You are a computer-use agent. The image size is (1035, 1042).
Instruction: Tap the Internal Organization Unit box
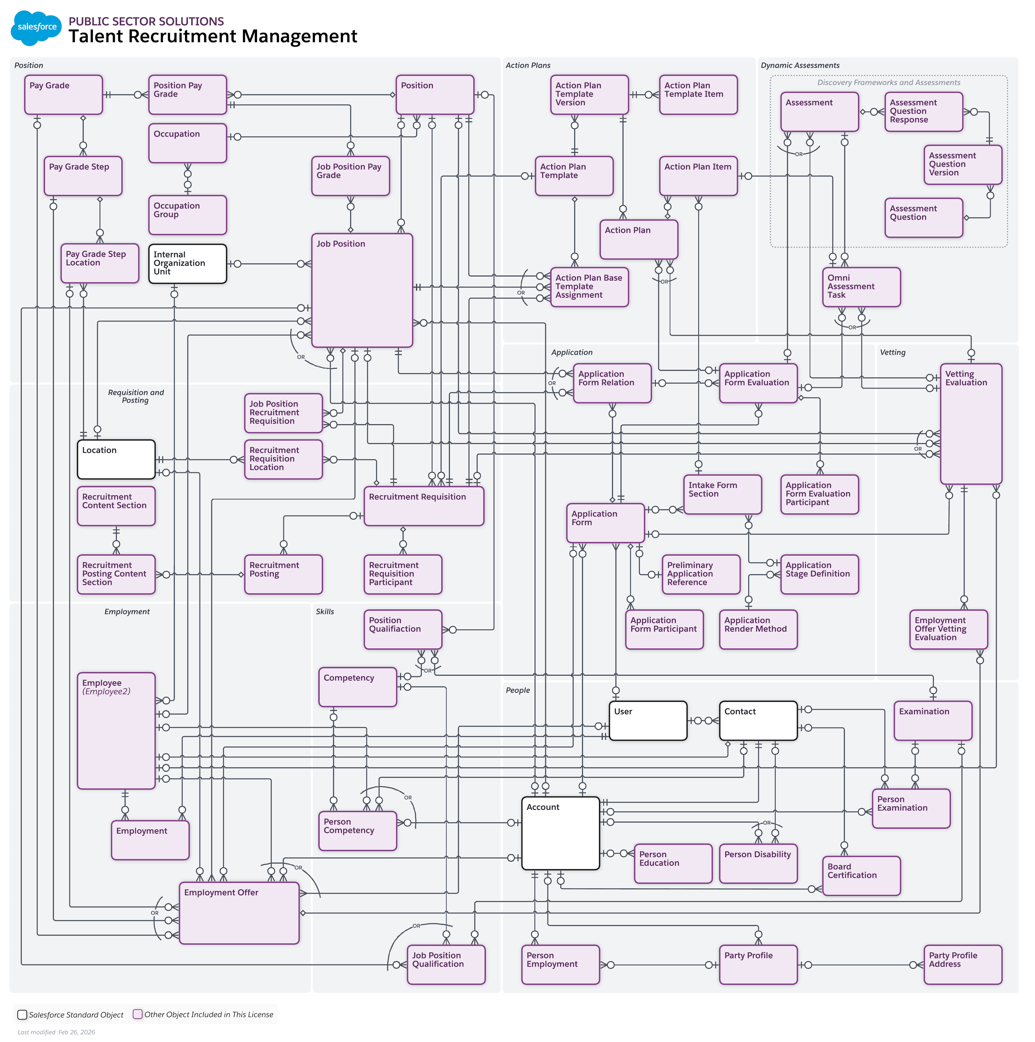click(187, 264)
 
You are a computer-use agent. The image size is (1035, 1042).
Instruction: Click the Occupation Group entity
click(187, 215)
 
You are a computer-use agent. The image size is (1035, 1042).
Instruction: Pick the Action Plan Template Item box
click(698, 94)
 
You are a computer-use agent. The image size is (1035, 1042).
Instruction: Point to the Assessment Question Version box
click(962, 164)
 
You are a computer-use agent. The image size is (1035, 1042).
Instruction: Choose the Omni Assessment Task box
click(861, 287)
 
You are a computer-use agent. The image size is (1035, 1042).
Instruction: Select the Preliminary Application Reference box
click(700, 574)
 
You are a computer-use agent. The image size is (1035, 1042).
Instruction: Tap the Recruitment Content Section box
click(116, 506)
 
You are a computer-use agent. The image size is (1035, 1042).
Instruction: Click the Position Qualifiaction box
click(403, 629)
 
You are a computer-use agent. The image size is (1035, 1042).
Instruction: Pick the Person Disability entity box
click(758, 863)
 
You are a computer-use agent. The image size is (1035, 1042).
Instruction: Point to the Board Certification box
click(861, 875)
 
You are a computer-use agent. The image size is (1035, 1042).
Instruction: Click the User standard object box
click(647, 720)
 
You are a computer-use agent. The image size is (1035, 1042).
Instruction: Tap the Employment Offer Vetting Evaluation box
click(948, 629)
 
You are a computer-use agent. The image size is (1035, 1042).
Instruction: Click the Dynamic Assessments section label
click(800, 65)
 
